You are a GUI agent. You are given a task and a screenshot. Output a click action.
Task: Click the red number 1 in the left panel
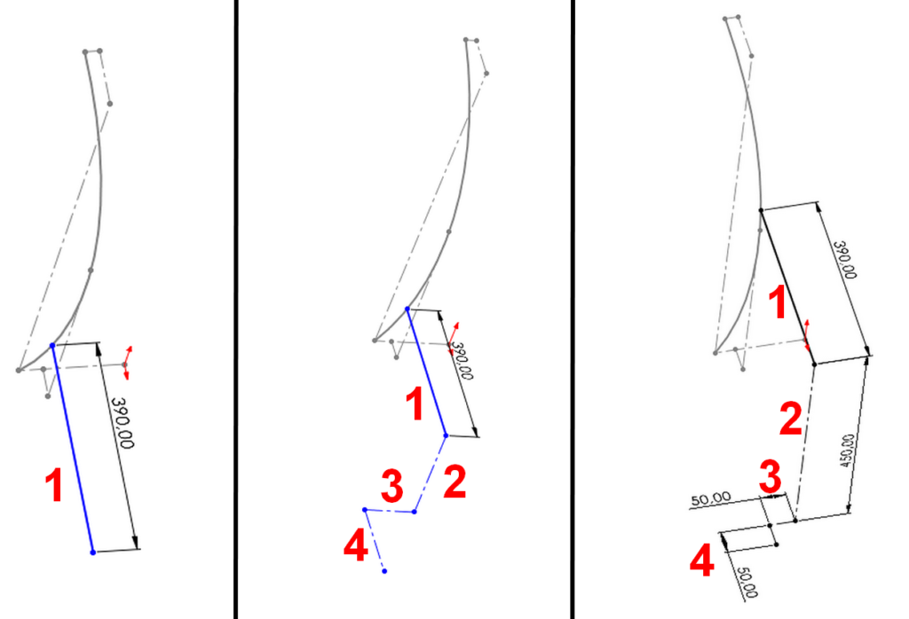point(54,485)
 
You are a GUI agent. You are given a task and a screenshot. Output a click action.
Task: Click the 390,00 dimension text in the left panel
point(123,423)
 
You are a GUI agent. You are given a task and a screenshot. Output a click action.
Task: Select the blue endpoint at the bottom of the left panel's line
point(92,552)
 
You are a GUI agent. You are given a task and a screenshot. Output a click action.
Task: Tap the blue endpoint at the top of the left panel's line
point(52,346)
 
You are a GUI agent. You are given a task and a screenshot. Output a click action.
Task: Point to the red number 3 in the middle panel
point(392,486)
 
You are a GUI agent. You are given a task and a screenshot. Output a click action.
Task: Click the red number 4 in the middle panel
point(356,545)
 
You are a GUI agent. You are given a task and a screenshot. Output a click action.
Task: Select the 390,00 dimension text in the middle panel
point(462,361)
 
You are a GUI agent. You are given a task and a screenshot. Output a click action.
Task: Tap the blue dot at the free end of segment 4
point(384,571)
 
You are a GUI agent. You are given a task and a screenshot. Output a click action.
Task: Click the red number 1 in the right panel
point(778,302)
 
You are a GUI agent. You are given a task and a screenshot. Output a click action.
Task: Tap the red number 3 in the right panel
point(771,477)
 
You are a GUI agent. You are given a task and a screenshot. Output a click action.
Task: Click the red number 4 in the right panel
point(702,560)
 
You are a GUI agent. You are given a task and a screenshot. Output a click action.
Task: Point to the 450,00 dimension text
point(847,450)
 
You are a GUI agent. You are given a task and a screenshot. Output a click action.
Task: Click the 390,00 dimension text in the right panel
point(845,260)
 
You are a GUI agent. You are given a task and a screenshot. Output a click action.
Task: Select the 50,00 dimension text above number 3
point(711,499)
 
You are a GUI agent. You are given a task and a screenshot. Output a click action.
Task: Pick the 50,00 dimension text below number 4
point(747,582)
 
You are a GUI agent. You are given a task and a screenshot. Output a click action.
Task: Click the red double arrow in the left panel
point(128,363)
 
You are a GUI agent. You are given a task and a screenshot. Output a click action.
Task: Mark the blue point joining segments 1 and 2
point(446,435)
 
